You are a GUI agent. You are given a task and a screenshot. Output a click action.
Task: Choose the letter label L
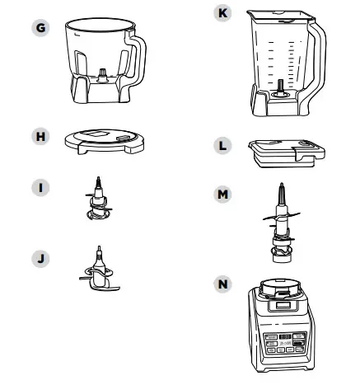click(x=220, y=146)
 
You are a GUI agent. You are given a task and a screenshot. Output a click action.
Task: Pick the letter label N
click(x=220, y=284)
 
